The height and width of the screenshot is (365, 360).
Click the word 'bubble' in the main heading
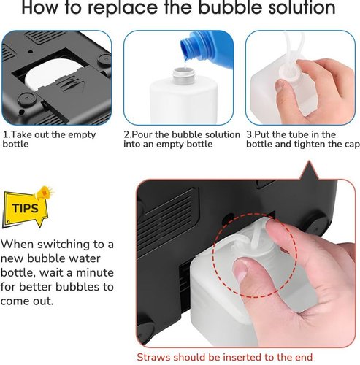pyautogui.click(x=231, y=7)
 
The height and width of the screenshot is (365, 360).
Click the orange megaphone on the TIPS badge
pyautogui.click(x=44, y=193)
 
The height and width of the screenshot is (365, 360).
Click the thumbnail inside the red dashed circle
pyautogui.click(x=240, y=270)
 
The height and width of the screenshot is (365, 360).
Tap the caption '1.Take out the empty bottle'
pyautogui.click(x=49, y=139)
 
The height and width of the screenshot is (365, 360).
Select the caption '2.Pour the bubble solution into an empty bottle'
pyautogui.click(x=182, y=139)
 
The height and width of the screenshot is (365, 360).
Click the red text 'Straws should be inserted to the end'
pyautogui.click(x=224, y=357)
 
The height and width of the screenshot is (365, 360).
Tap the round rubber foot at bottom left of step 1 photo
pyautogui.click(x=27, y=99)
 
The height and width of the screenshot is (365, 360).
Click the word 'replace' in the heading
pyautogui.click(x=123, y=8)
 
